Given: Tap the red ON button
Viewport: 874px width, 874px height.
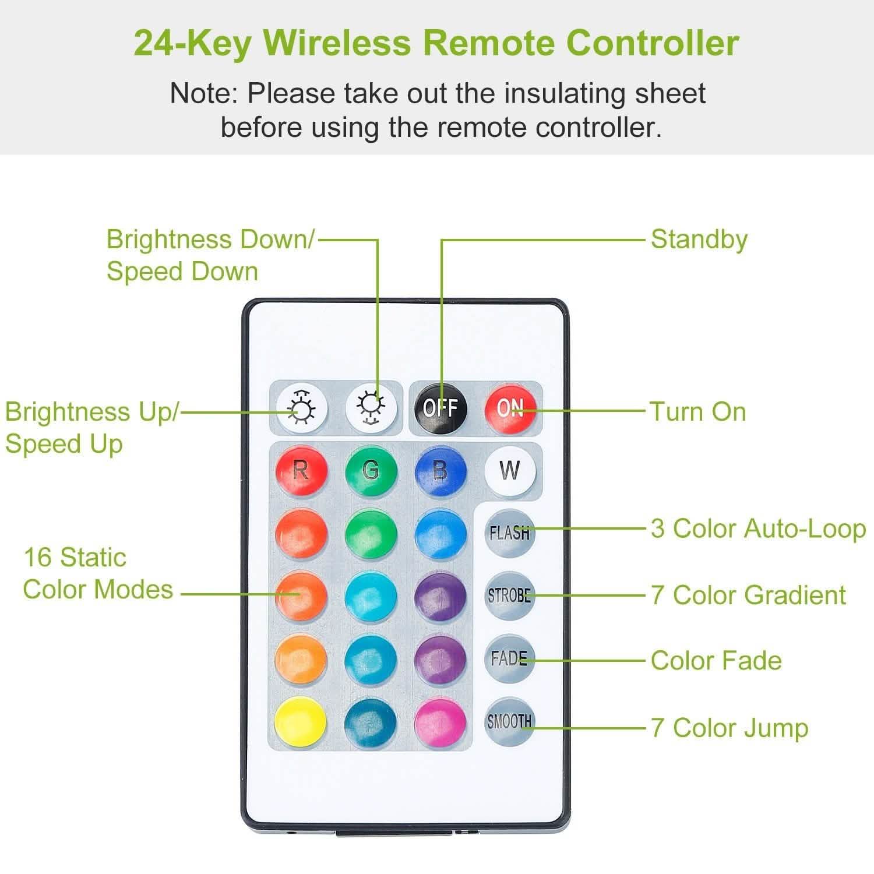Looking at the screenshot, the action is point(510,408).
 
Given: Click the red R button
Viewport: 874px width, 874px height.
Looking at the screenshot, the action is point(301,470).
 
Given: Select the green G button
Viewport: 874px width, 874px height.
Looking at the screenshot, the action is point(371,470).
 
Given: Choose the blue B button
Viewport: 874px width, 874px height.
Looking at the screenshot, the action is point(440,470).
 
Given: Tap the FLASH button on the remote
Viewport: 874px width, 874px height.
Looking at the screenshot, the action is point(509,533).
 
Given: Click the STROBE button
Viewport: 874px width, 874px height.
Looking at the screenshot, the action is point(509,595).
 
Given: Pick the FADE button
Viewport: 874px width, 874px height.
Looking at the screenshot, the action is point(509,658).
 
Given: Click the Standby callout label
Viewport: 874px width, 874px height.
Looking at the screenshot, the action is point(699,240).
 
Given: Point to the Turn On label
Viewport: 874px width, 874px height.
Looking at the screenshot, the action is point(698,412).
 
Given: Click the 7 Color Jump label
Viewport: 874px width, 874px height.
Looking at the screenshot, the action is point(729,728).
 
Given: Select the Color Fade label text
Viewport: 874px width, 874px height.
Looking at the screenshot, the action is point(716,661).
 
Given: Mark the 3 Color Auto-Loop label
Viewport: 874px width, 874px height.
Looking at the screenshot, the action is point(758,529).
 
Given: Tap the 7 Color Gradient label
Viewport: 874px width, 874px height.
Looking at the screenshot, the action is point(748,595).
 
